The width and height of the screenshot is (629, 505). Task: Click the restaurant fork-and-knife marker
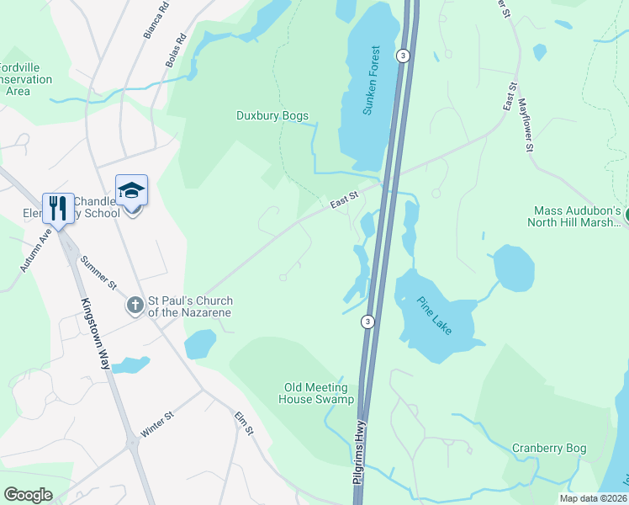click(x=58, y=207)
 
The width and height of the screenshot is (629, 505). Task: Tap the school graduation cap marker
click(x=131, y=191)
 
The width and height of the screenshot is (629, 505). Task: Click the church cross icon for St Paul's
click(x=135, y=306)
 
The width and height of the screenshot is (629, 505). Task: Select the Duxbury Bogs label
click(x=272, y=116)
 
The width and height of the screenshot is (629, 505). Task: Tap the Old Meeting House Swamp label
click(x=319, y=393)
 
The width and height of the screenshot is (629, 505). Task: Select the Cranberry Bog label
click(x=548, y=448)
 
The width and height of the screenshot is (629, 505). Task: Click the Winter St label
click(x=157, y=424)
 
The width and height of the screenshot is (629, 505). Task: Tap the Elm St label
click(x=244, y=421)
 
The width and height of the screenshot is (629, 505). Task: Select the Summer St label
click(x=97, y=274)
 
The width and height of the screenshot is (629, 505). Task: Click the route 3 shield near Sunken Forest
click(x=404, y=56)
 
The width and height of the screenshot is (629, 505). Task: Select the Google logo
click(x=28, y=495)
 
